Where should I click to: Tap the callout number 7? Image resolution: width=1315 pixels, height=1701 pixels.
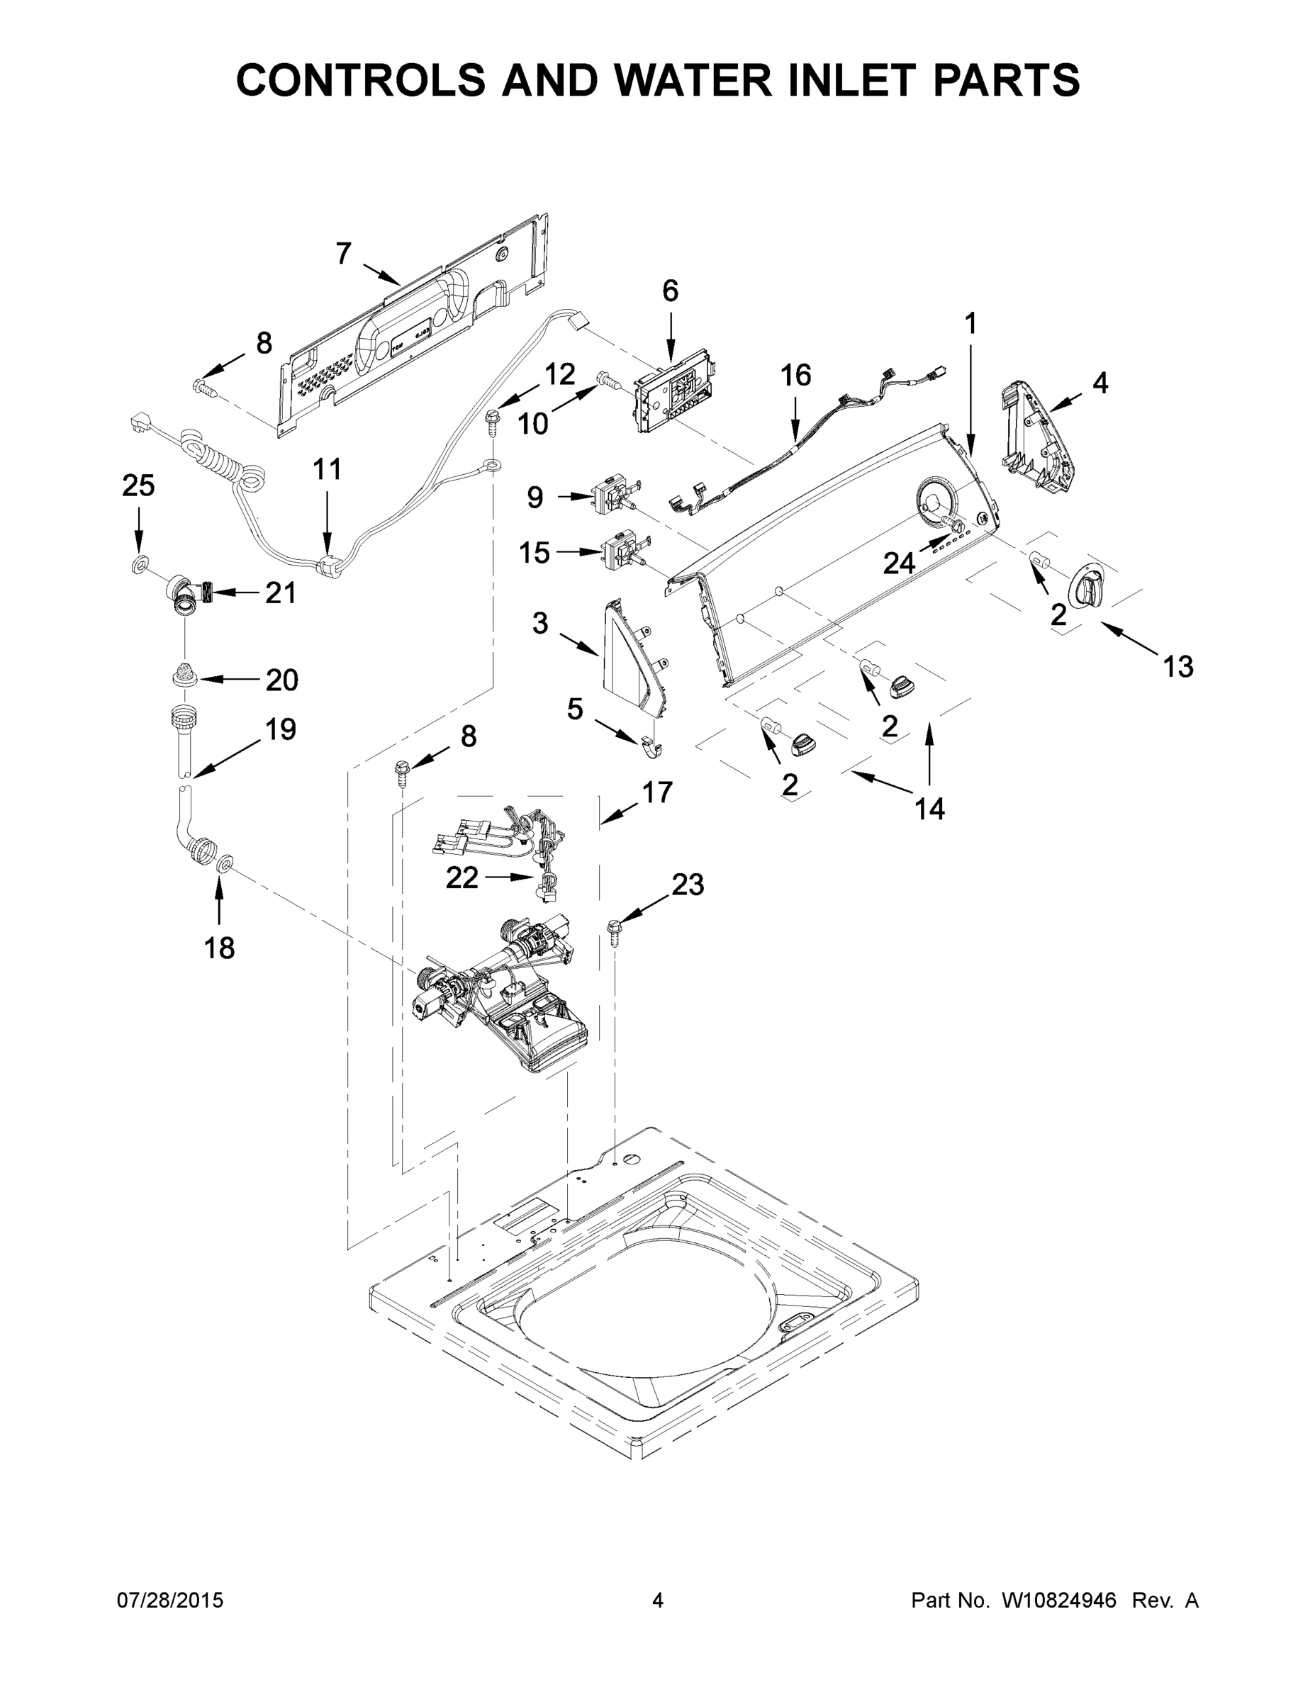coord(344,254)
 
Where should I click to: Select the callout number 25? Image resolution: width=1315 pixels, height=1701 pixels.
coord(138,485)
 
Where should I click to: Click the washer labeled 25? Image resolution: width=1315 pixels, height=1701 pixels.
coord(138,562)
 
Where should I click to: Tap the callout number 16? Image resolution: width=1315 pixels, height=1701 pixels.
coord(795,376)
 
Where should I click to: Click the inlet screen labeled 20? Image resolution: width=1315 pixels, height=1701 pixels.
coord(184,672)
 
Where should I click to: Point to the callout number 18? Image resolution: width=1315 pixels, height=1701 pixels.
coord(219,948)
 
